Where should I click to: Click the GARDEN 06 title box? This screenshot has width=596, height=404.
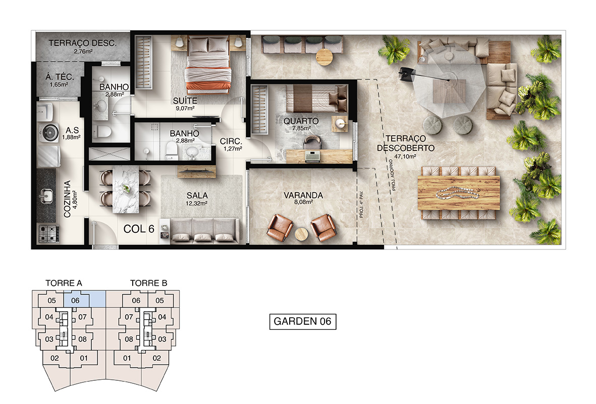pyautogui.click(x=303, y=322)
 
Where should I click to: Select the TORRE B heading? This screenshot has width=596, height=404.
pyautogui.click(x=148, y=283)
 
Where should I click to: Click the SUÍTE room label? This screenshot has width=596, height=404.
pyautogui.click(x=185, y=101)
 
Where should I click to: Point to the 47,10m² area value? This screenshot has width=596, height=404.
pyautogui.click(x=405, y=157)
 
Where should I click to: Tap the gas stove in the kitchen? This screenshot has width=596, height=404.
pyautogui.click(x=48, y=233)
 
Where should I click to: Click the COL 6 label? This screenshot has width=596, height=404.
pyautogui.click(x=139, y=229)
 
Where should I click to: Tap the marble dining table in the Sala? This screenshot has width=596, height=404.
pyautogui.click(x=126, y=189)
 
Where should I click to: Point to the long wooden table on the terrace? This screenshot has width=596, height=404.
pyautogui.click(x=459, y=193)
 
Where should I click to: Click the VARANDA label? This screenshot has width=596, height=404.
pyautogui.click(x=303, y=195)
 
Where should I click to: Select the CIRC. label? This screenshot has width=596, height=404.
pyautogui.click(x=231, y=141)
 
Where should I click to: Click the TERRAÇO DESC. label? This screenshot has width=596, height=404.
pyautogui.click(x=82, y=43)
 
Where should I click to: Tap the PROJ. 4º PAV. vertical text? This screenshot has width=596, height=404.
pyautogui.click(x=361, y=204)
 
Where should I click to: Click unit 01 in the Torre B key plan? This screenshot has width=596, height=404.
pyautogui.click(x=127, y=358)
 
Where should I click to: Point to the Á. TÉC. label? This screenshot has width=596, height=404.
pyautogui.click(x=60, y=77)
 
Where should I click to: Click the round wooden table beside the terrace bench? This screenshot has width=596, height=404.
pyautogui.click(x=324, y=57)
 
